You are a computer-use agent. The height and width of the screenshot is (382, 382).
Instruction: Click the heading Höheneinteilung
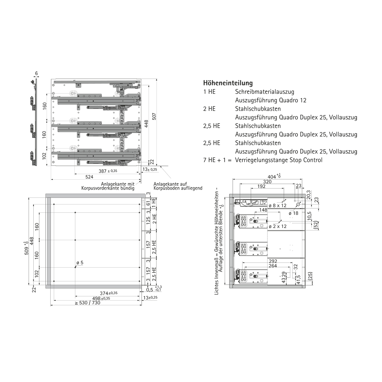[x=228, y=83]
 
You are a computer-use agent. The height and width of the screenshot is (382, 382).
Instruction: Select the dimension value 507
[x=154, y=116]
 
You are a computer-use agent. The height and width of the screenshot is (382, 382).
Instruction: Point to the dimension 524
[x=89, y=177]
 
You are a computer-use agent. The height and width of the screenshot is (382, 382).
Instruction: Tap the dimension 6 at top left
[x=36, y=73]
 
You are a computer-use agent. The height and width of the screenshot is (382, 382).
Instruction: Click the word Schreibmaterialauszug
[x=265, y=92]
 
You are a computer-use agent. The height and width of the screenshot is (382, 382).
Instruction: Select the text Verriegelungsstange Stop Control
[x=279, y=160]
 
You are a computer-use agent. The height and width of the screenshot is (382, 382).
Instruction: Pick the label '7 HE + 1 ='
[x=217, y=160]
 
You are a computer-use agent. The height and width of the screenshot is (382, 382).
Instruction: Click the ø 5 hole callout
[x=80, y=263]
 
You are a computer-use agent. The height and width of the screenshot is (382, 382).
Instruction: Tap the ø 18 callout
[x=293, y=213]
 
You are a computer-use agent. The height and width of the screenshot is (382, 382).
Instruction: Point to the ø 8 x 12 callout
[x=278, y=206]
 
